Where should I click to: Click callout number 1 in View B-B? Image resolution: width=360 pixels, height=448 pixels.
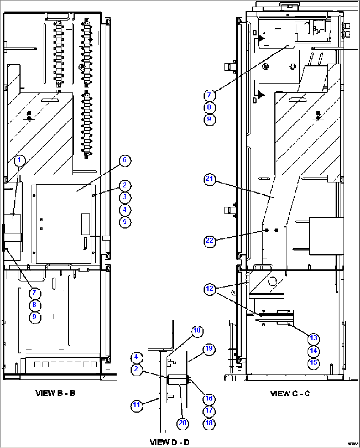pyautogui.click(x=19, y=160)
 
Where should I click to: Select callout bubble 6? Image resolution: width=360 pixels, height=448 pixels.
pyautogui.click(x=125, y=160)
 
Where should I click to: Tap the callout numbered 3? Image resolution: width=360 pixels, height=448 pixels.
pyautogui.click(x=125, y=197)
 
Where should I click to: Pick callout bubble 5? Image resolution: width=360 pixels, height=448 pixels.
pyautogui.click(x=125, y=222)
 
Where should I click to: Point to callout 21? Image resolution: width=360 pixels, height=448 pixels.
pyautogui.click(x=210, y=179)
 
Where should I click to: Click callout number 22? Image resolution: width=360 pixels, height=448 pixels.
pyautogui.click(x=210, y=241)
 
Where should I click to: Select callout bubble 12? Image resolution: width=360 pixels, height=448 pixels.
pyautogui.click(x=210, y=289)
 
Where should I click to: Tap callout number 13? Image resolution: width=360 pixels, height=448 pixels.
pyautogui.click(x=313, y=338)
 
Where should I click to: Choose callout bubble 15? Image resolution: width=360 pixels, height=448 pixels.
pyautogui.click(x=313, y=362)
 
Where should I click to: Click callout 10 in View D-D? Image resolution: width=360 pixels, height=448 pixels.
pyautogui.click(x=197, y=330)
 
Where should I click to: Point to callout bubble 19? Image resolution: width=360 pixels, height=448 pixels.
pyautogui.click(x=209, y=349)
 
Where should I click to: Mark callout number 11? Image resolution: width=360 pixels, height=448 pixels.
pyautogui.click(x=137, y=405)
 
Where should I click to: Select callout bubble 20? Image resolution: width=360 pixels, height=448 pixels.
pyautogui.click(x=183, y=423)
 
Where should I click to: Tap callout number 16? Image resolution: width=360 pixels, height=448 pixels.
pyautogui.click(x=209, y=399)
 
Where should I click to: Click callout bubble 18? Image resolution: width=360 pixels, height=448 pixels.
pyautogui.click(x=209, y=423)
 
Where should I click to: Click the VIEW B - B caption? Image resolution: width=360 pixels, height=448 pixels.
pyautogui.click(x=55, y=393)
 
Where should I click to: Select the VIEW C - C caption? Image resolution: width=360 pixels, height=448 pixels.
pyautogui.click(x=290, y=394)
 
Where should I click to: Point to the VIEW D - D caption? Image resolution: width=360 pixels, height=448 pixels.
pyautogui.click(x=169, y=442)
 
